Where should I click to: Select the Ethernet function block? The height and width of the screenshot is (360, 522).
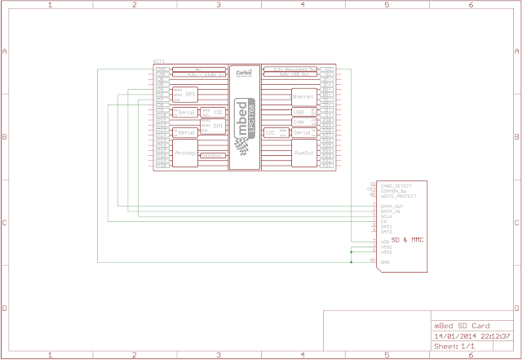tap(302, 96)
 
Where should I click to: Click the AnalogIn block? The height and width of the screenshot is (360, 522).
tap(184, 152)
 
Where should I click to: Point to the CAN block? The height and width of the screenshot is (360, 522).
tap(299, 122)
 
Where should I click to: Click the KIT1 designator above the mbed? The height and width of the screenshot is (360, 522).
tap(159, 61)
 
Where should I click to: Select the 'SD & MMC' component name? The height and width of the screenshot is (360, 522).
tap(407, 242)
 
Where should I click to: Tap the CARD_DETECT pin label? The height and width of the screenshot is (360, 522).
tap(396, 187)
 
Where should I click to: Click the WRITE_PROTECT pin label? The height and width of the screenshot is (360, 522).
tap(398, 196)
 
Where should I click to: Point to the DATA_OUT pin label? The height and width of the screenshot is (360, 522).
tap(392, 205)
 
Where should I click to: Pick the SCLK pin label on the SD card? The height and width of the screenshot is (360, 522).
tap(388, 216)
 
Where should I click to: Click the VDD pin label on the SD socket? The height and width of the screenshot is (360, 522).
tap(385, 242)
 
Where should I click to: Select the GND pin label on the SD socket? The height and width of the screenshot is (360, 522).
tap(385, 261)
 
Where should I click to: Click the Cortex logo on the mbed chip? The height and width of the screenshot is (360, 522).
tap(243, 73)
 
